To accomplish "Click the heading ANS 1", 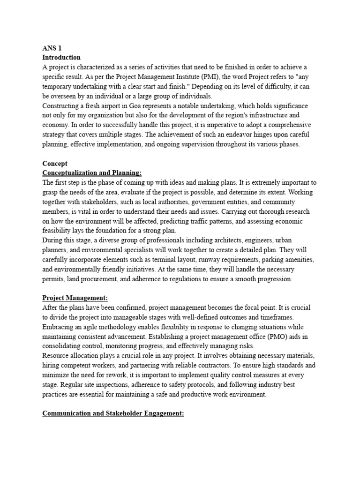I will coord(52,48).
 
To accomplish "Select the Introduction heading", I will coord(61,57).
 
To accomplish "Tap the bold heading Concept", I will coord(55,164).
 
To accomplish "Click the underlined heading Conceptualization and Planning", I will coord(92,173).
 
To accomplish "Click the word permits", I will coord(53,279).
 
